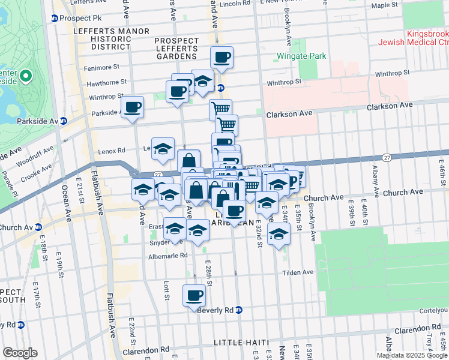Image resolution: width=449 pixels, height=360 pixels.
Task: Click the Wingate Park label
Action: (301, 56)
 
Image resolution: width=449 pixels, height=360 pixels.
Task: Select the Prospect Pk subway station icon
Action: (54, 18)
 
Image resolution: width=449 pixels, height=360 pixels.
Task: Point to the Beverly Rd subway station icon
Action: (239, 310)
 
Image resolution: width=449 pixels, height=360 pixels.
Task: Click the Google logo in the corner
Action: (20, 352)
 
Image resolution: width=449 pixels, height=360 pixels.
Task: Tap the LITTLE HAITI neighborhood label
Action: (241, 342)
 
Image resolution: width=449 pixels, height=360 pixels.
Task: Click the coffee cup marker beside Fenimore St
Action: (221, 57)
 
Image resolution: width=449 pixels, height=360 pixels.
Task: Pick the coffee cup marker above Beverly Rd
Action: (194, 295)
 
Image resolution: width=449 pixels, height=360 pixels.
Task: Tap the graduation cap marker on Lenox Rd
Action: (163, 148)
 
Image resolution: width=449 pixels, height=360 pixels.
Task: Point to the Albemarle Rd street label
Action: (168, 256)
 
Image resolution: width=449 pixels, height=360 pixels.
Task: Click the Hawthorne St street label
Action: (107, 82)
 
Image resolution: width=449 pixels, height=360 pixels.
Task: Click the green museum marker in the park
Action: (25, 76)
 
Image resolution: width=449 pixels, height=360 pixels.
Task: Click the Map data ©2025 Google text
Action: (412, 355)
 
